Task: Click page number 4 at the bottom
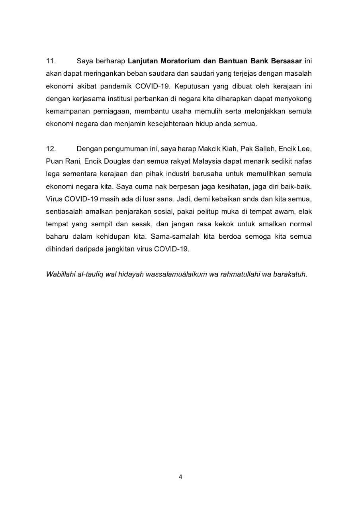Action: point(180,477)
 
